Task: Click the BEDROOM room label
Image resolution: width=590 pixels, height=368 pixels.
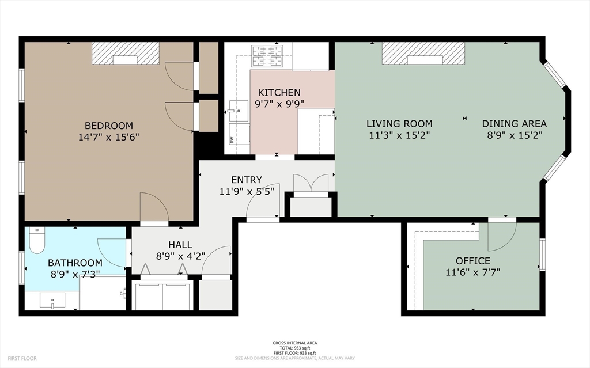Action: (x=109, y=126)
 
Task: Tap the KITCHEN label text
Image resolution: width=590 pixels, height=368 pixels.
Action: (x=279, y=92)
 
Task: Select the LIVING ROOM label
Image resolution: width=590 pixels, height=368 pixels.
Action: (x=400, y=123)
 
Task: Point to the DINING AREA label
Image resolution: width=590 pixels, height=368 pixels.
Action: (x=515, y=123)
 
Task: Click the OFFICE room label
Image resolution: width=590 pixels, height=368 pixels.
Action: (x=473, y=261)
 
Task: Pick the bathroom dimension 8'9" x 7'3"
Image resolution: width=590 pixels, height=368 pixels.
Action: (x=75, y=274)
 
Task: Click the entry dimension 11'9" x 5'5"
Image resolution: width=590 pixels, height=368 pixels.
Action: (x=247, y=192)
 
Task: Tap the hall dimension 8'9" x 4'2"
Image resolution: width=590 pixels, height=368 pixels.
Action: (x=180, y=256)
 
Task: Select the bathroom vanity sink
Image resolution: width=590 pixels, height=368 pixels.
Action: (x=52, y=300)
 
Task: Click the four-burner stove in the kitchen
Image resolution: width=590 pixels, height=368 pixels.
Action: (x=267, y=56)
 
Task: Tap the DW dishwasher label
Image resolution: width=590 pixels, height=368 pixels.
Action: (x=232, y=139)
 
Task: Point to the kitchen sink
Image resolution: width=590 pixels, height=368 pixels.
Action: (x=238, y=111)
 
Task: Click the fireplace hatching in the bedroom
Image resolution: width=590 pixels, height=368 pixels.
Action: (x=126, y=53)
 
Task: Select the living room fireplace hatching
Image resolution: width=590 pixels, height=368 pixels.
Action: (x=423, y=53)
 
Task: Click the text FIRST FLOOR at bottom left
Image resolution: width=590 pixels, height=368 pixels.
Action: (x=22, y=358)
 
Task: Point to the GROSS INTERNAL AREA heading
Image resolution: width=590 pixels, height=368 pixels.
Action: (x=294, y=343)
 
